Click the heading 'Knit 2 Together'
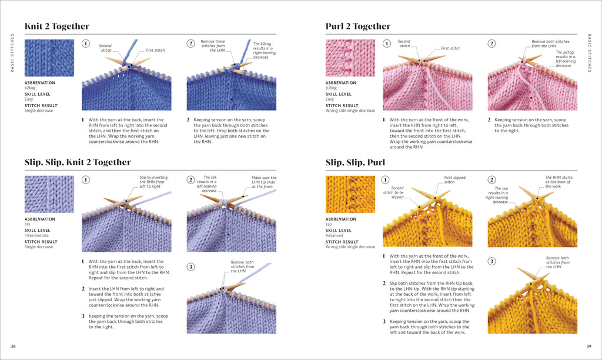click(x=57, y=26)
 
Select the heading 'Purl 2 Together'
click(x=358, y=26)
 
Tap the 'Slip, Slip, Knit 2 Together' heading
click(x=78, y=162)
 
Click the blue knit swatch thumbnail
click(x=49, y=58)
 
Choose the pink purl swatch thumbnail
click(x=350, y=58)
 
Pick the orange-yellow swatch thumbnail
click(x=350, y=194)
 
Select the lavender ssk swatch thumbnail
click(x=49, y=194)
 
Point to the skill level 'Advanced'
click(x=336, y=236)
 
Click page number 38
click(x=13, y=346)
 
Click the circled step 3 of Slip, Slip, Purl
click(x=492, y=261)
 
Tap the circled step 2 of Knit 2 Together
click(x=191, y=44)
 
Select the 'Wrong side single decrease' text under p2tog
click(x=350, y=111)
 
